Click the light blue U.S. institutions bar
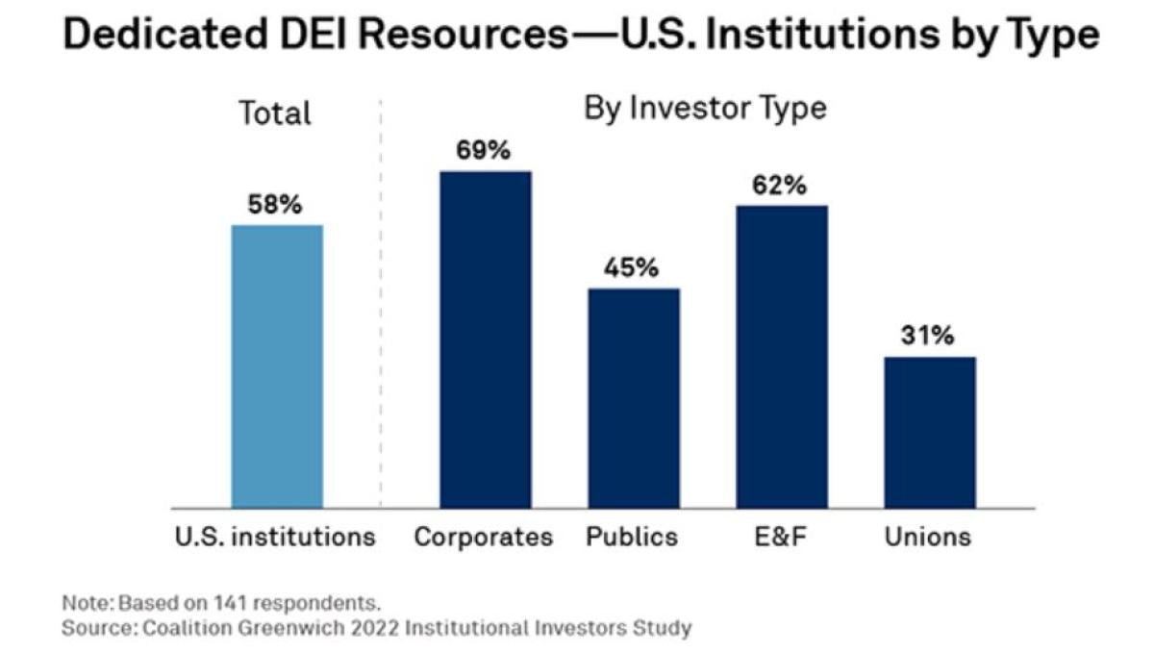coord(277,365)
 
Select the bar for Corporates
coord(486,339)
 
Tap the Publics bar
coord(634,397)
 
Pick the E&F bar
coord(782,356)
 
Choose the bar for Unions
coord(930,432)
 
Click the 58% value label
coord(277,205)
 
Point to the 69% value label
coord(484,151)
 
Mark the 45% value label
coord(632,268)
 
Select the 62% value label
coord(780,186)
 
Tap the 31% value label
coord(928,337)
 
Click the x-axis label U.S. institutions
coord(275,537)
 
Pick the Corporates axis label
coord(484,537)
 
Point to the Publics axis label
coord(632,537)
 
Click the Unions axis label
coord(928,537)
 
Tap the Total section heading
coord(275,113)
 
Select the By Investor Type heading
coord(705,108)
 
